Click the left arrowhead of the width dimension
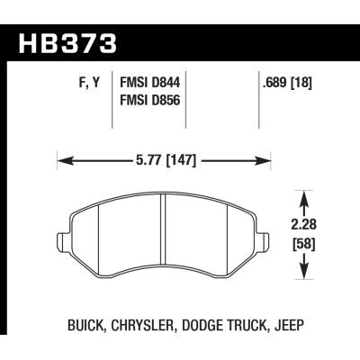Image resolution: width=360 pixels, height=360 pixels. [62, 163]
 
